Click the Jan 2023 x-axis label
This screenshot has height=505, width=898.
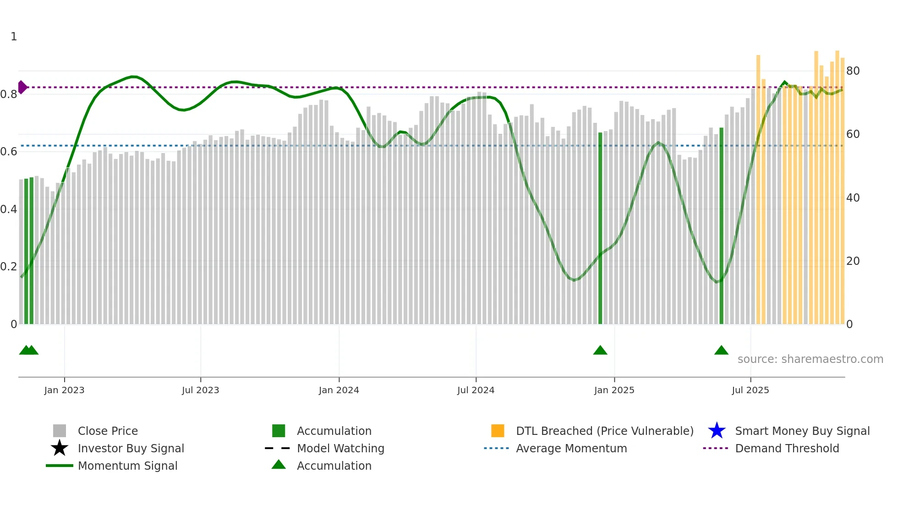pos(64,390)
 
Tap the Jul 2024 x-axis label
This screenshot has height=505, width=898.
pos(476,390)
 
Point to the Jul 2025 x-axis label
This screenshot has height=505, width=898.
pos(750,390)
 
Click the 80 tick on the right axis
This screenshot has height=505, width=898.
pos(853,71)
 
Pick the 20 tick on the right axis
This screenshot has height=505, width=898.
pos(853,261)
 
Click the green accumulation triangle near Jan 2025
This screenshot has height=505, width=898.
pos(600,351)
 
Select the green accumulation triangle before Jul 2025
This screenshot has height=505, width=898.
pos(721,351)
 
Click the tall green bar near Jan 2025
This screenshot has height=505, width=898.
pos(600,229)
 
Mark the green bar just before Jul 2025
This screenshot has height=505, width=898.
pos(721,227)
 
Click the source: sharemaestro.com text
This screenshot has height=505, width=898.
pos(810,359)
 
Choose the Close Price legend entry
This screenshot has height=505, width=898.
pos(108,431)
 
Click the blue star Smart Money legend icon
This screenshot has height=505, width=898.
pos(717,431)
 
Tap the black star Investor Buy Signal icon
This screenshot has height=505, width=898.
pos(60,448)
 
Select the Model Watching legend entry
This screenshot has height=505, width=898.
pos(340,448)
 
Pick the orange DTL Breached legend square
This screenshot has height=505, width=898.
pos(498,431)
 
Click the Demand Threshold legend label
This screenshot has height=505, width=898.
pos(787,448)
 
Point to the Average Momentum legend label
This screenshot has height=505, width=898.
pos(571,448)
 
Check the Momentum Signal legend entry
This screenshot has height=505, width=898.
pos(127,466)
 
